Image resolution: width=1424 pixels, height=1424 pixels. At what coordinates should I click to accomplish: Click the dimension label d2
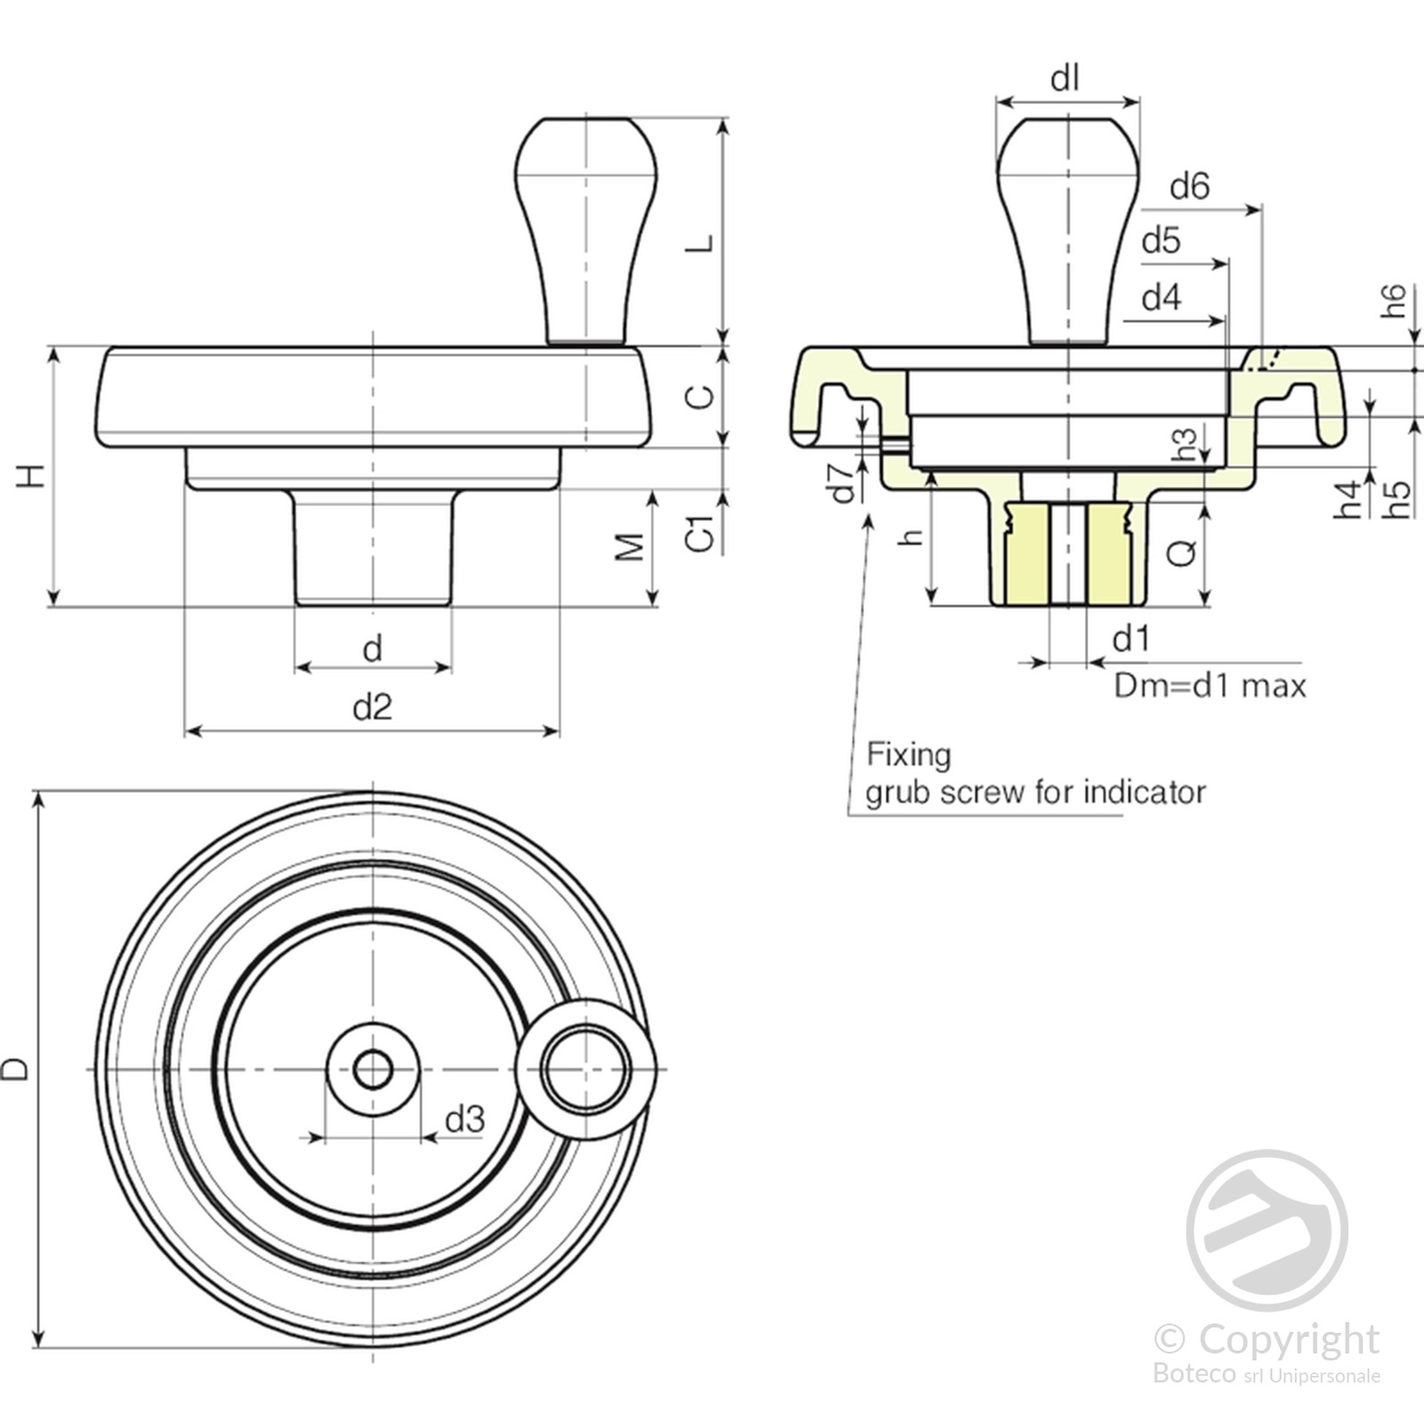click(372, 707)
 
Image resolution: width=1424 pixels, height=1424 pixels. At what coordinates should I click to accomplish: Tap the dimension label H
click(32, 475)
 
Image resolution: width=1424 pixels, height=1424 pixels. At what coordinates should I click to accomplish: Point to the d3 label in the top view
click(464, 1119)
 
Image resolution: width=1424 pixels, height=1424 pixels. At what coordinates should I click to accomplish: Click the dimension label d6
click(1189, 186)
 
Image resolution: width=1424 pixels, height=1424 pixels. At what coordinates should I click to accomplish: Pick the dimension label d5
click(1161, 240)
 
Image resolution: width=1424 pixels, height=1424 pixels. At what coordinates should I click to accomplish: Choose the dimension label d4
click(1161, 296)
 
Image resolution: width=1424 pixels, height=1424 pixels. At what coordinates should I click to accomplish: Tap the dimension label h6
click(1394, 301)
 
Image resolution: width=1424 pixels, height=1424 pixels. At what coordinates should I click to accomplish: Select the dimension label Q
click(1182, 554)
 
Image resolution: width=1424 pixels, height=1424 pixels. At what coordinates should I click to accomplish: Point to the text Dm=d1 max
click(1210, 686)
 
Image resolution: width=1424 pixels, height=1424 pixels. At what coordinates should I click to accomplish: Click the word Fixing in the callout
click(909, 755)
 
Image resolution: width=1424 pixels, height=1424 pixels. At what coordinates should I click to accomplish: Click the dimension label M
click(630, 546)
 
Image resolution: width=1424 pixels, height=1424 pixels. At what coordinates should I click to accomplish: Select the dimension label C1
click(701, 532)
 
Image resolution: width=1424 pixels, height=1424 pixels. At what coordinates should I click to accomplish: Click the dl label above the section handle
click(1065, 79)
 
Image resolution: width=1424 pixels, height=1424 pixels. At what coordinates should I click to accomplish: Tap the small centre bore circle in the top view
click(373, 1069)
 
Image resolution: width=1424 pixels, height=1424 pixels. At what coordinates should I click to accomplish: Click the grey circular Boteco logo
click(1266, 1230)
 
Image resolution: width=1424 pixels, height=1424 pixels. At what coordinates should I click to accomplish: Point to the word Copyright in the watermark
click(1288, 1339)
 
